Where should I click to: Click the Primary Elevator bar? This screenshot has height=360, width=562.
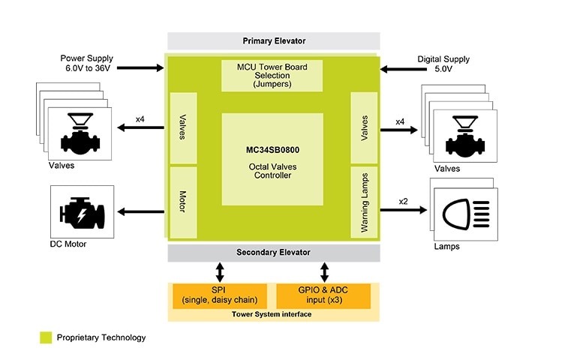click(x=274, y=40)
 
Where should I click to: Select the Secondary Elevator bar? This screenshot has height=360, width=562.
click(x=273, y=252)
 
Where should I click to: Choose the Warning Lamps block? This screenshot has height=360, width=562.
click(x=364, y=199)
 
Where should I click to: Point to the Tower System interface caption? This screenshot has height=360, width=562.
click(x=272, y=314)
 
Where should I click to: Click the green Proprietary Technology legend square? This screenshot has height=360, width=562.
click(x=46, y=338)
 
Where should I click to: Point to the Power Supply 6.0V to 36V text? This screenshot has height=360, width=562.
click(x=91, y=63)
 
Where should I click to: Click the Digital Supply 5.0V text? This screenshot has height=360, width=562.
click(x=434, y=63)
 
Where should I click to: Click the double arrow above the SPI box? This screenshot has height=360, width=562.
click(x=219, y=271)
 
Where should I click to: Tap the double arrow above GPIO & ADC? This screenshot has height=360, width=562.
click(x=324, y=271)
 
